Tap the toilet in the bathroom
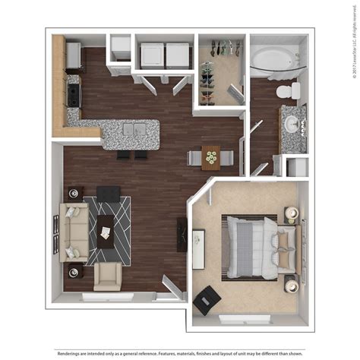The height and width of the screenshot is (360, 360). [x=286, y=92]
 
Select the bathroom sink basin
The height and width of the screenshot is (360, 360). [x=292, y=122]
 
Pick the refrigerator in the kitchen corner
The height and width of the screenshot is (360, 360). [x=74, y=55]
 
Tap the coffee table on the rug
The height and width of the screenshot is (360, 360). [x=106, y=232]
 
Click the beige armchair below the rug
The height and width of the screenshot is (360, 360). [x=108, y=278]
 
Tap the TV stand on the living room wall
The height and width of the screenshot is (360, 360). [x=182, y=235]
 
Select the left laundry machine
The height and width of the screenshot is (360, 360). [x=152, y=55]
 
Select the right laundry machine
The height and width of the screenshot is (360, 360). [x=178, y=55]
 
